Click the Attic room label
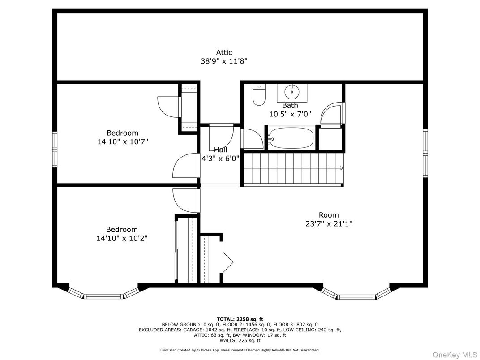point(224,52)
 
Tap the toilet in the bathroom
point(259,95)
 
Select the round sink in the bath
point(292,91)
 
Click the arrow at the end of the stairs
point(341,168)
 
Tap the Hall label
point(220,150)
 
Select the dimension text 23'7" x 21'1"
point(329,224)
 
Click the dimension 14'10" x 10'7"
point(122,142)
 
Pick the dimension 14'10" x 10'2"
point(122,238)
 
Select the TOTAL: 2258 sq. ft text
point(240,319)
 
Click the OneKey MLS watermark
point(454,355)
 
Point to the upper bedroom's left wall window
point(55,150)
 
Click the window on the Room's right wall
point(425,153)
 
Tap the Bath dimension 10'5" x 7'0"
point(290,114)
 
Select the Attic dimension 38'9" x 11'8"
point(224,61)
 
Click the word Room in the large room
point(329,215)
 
